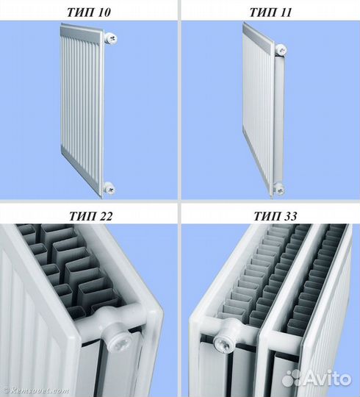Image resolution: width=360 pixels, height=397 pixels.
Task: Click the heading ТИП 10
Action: [x=89, y=12]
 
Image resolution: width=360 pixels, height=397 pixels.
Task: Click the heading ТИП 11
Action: [x=270, y=12]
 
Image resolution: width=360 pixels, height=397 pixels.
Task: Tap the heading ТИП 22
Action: [x=90, y=216]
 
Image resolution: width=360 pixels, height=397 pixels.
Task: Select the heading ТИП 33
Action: [x=275, y=216]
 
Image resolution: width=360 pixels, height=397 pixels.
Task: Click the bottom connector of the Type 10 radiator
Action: [x=109, y=188]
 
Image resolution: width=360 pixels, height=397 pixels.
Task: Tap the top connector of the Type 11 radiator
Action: [x=281, y=50]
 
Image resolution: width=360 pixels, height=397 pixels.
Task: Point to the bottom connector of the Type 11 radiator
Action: [x=278, y=189]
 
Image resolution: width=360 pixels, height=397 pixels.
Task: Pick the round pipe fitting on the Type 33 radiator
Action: [x=222, y=343]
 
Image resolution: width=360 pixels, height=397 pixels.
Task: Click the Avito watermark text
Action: [x=328, y=379]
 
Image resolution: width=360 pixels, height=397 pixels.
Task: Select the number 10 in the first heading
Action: [x=103, y=12]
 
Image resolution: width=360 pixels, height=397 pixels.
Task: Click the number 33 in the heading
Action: [x=289, y=216]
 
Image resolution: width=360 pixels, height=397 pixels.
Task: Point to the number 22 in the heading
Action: [x=104, y=216]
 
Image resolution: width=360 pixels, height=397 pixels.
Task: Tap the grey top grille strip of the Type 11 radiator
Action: [x=258, y=38]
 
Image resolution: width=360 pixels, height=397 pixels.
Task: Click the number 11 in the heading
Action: [x=284, y=12]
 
